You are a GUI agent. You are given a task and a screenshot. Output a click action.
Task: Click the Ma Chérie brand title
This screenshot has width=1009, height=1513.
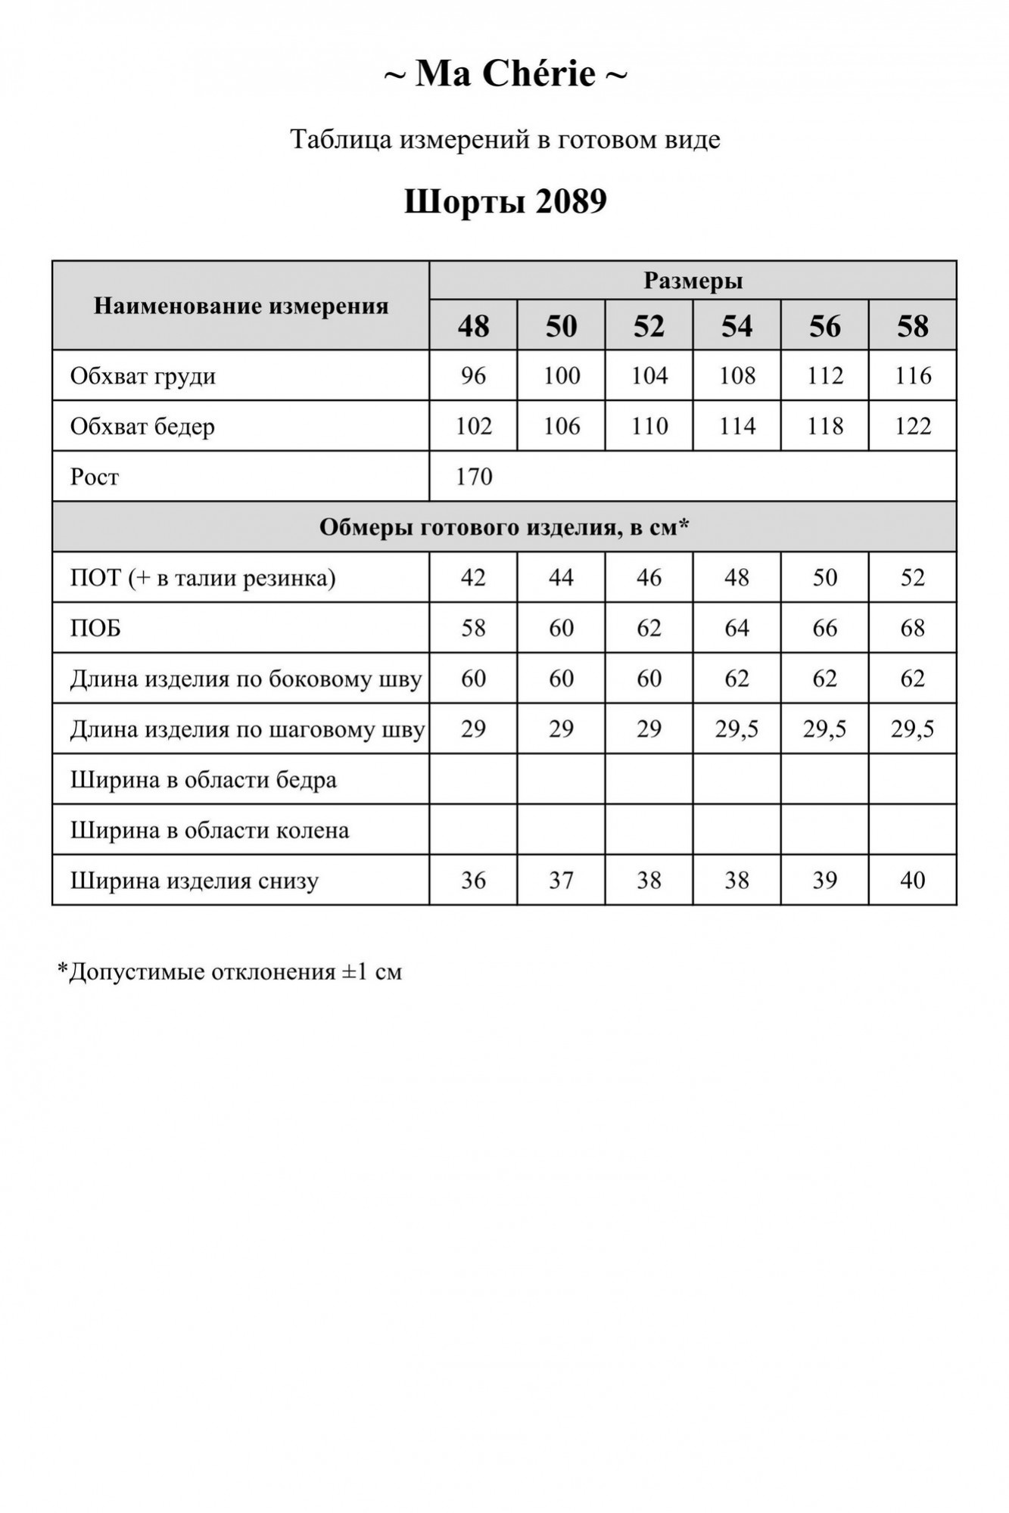coord(505,74)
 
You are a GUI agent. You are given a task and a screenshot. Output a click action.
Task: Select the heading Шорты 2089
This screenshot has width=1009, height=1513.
coord(505,202)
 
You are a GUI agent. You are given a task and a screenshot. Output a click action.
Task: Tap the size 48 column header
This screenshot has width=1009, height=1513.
coord(473,326)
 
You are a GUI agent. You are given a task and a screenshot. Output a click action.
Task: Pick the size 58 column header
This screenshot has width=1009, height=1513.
coord(912,326)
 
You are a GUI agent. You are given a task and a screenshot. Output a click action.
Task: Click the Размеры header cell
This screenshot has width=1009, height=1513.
coord(693,281)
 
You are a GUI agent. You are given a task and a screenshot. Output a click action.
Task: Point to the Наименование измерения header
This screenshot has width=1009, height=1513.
coord(241,306)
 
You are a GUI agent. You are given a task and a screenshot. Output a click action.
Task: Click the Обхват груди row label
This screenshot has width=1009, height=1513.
coord(143,376)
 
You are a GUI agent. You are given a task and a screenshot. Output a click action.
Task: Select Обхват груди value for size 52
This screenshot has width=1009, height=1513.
coord(649,376)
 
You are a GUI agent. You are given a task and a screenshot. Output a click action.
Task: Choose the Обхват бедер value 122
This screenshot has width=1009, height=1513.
coord(912,427)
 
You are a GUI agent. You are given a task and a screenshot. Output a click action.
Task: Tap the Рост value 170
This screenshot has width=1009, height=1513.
coord(475,477)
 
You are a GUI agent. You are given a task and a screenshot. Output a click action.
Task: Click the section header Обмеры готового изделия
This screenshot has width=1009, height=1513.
coord(504,527)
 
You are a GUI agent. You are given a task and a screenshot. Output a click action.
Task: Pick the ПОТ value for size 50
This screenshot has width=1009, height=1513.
coord(561,578)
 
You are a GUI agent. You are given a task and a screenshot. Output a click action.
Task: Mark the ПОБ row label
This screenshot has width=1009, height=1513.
coord(95,629)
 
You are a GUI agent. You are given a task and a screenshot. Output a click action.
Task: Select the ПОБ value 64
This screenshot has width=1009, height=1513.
coord(737,629)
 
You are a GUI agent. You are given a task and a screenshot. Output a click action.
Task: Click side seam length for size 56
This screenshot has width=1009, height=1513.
coord(824,679)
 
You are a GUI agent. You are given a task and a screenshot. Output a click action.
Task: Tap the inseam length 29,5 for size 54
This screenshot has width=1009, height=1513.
coord(737,729)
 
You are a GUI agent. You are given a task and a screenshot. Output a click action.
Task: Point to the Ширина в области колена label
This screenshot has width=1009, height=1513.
coord(210,831)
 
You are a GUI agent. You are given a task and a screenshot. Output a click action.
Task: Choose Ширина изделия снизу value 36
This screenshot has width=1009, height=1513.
coord(473,881)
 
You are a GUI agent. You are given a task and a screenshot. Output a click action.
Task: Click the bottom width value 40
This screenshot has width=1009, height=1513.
coord(912,881)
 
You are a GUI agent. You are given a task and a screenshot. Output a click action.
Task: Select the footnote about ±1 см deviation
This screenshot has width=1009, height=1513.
coord(229,971)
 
